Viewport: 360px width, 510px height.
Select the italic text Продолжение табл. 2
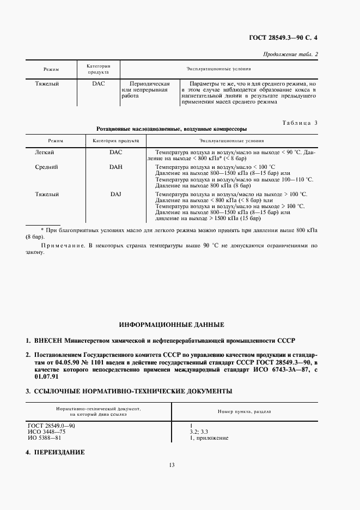pyautogui.click(x=290, y=53)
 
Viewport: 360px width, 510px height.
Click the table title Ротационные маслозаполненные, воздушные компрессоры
pyautogui.click(x=172, y=130)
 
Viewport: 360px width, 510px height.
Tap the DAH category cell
pyautogui.click(x=115, y=167)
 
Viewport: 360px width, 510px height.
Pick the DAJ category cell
pyautogui.click(x=115, y=194)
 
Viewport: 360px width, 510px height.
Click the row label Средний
pyautogui.click(x=46, y=167)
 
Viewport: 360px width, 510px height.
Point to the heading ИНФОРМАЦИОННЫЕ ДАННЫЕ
pyautogui.click(x=172, y=325)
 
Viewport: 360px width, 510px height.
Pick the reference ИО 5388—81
pyautogui.click(x=44, y=438)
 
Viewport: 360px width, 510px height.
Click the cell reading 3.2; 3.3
pyautogui.click(x=193, y=431)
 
